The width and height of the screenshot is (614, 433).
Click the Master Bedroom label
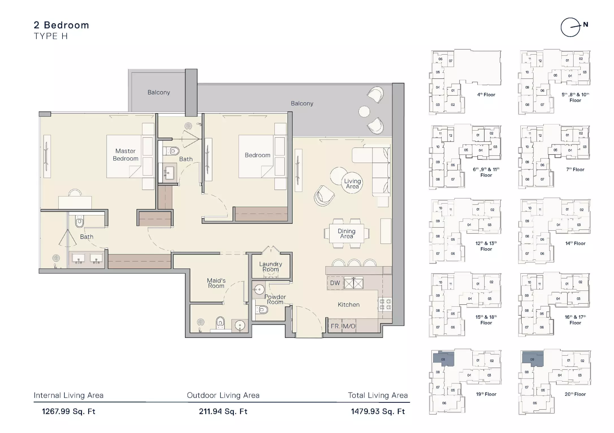[126, 155]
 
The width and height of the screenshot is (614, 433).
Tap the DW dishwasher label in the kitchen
[335, 283]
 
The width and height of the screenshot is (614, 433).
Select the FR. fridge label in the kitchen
[335, 326]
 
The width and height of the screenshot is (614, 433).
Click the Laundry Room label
[271, 267]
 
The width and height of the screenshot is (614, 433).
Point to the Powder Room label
[275, 299]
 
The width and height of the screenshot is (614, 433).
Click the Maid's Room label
[216, 283]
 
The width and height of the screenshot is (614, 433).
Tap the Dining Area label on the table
[347, 233]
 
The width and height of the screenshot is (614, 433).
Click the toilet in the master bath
[79, 221]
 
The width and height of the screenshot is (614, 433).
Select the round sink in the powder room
[259, 289]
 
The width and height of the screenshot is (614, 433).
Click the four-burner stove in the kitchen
[385, 304]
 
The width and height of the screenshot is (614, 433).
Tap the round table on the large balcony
[364, 112]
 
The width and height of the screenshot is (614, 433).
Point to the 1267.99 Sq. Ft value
[69, 411]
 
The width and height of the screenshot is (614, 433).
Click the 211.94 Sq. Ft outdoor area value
[223, 411]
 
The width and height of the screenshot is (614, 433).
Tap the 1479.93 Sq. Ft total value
[378, 411]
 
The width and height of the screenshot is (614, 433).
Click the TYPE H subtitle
[51, 36]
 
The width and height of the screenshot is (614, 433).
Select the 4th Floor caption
[486, 95]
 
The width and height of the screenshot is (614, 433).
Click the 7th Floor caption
[575, 169]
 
